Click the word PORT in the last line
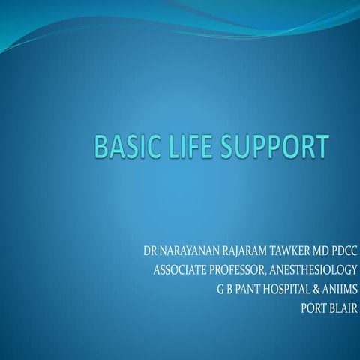tap(313, 307)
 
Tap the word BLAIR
tap(345, 307)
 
